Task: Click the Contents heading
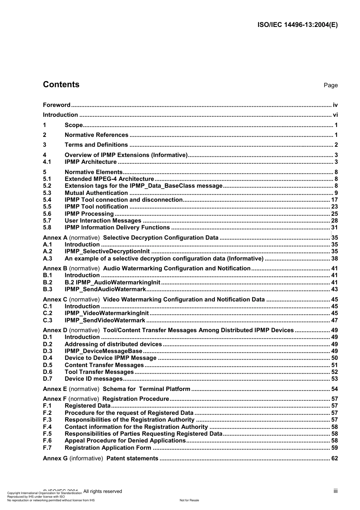[61, 85]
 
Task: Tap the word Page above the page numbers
[330, 85]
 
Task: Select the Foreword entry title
[56, 105]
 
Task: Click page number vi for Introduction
[335, 115]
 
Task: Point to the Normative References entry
[96, 135]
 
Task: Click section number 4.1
[47, 162]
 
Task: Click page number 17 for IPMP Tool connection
[334, 200]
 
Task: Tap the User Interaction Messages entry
[103, 221]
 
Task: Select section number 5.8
[47, 228]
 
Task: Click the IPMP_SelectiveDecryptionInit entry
[107, 251]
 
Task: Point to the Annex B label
[55, 268]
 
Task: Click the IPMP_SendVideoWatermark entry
[105, 320]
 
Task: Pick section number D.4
[48, 358]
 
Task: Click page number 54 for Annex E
[334, 389]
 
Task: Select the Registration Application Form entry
[108, 448]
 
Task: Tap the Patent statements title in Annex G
[132, 458]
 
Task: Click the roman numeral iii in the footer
[335, 491]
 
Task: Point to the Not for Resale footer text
[189, 500]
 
